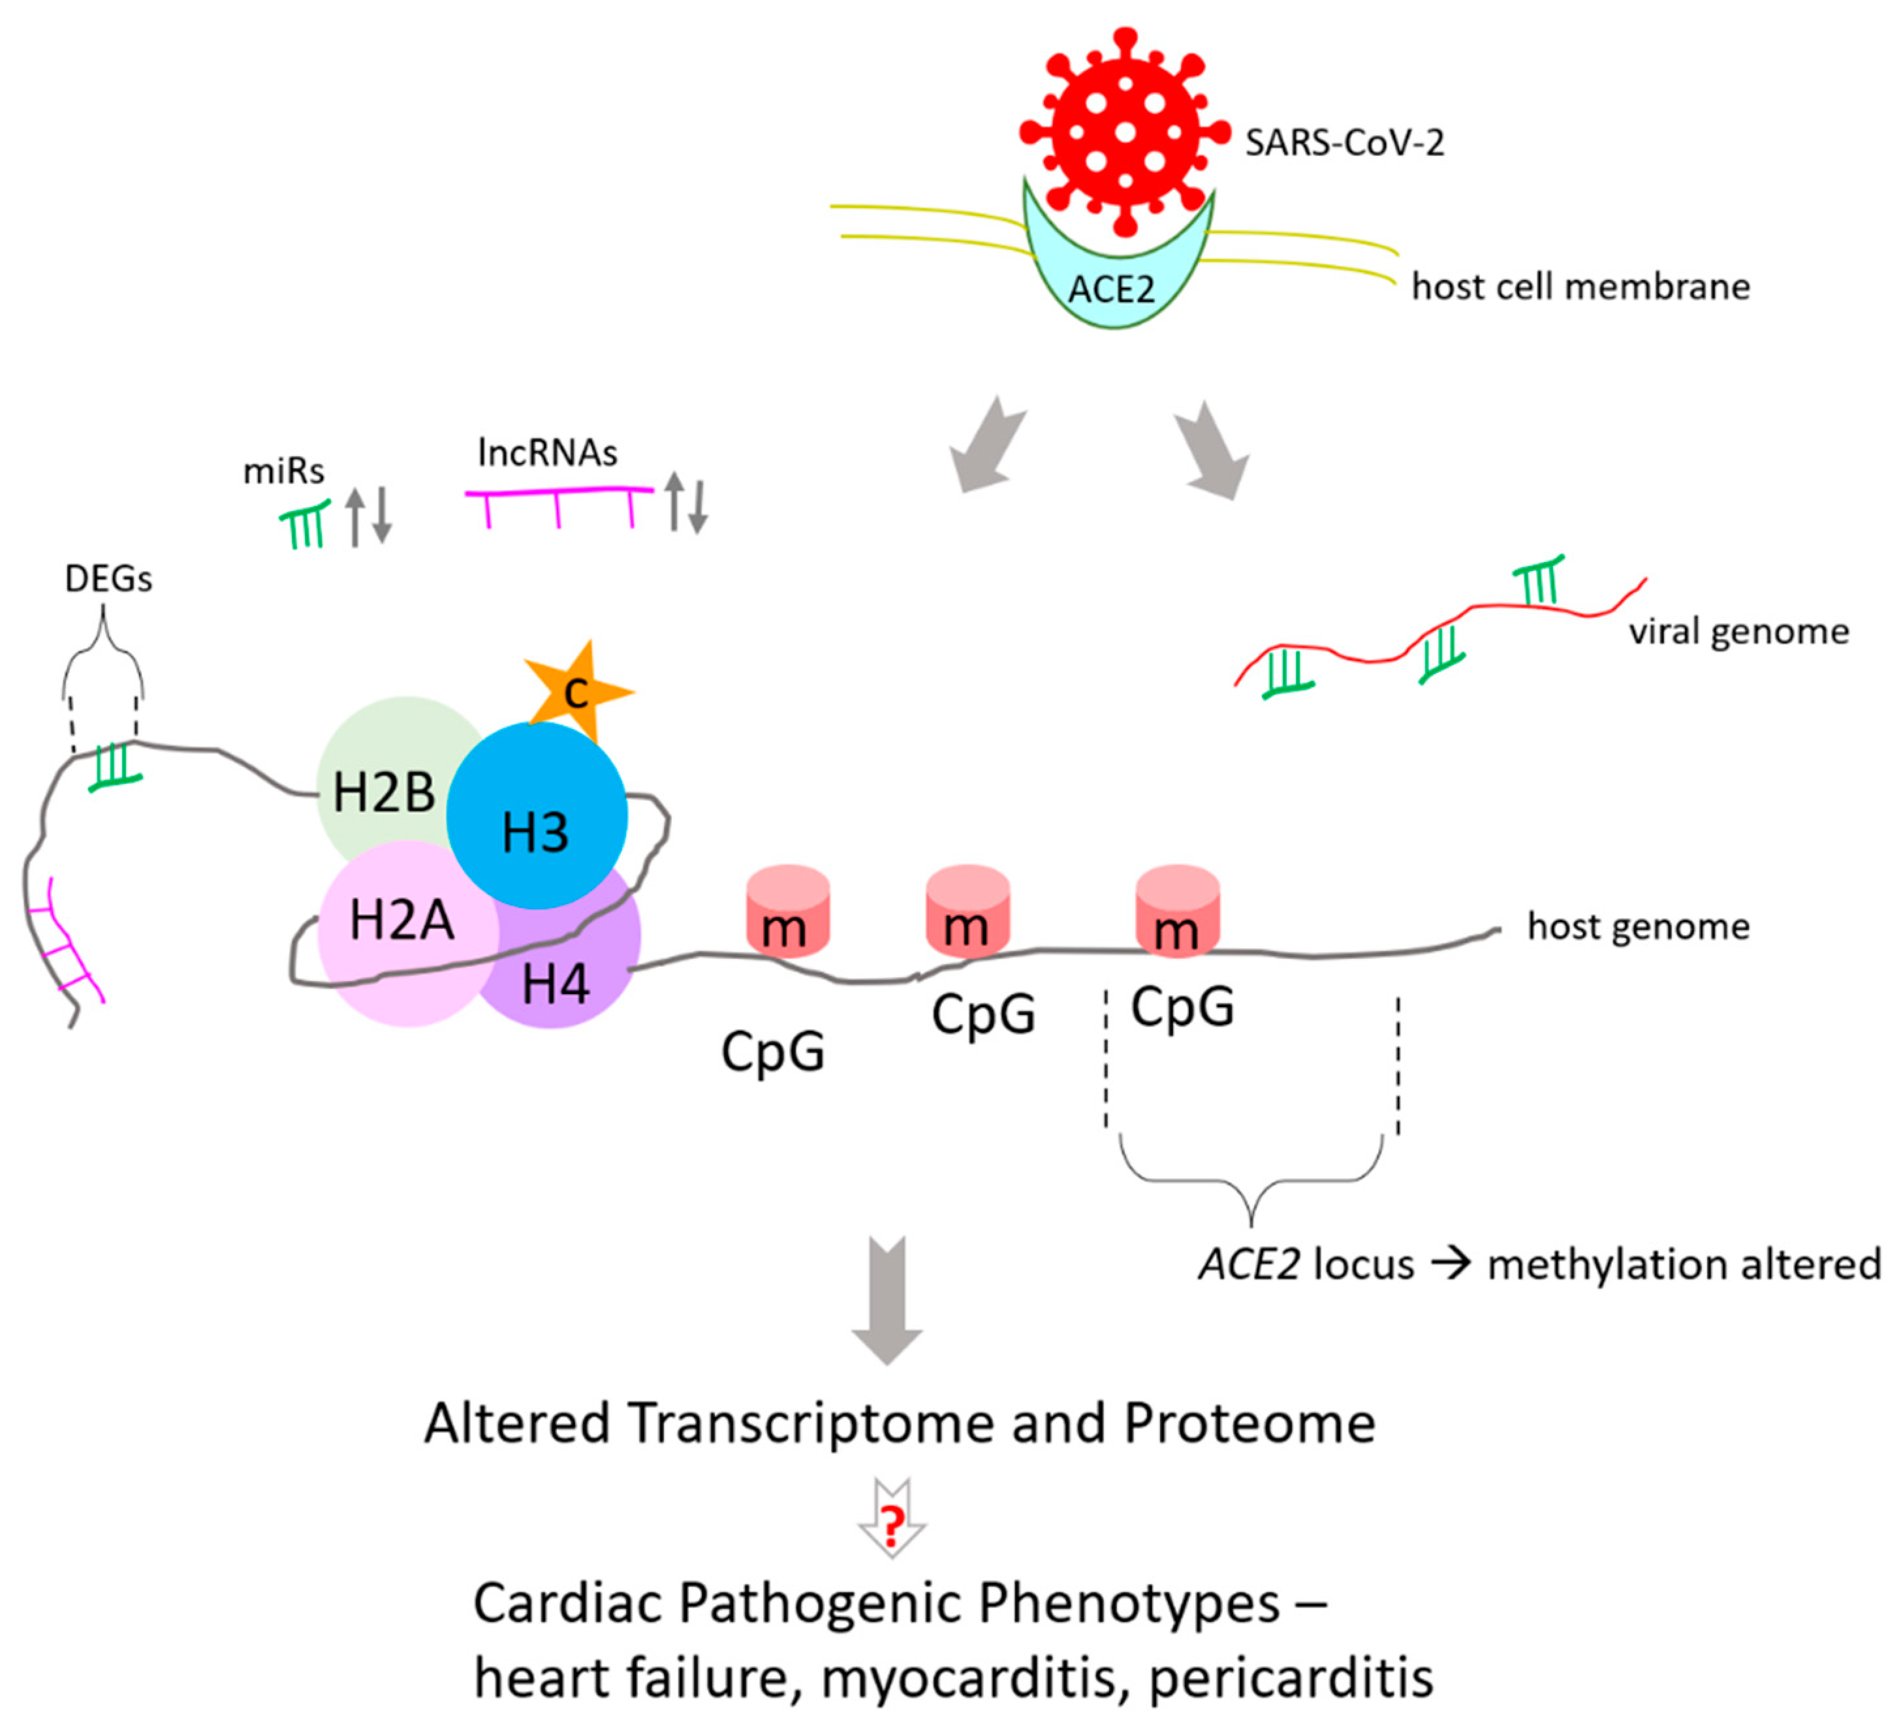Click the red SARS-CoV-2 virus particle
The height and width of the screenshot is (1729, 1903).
[x=1124, y=132]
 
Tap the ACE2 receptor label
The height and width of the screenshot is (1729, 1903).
[x=1111, y=288]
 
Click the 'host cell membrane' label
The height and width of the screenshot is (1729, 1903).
[x=1580, y=286]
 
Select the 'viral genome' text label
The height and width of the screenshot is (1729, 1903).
[x=1738, y=631]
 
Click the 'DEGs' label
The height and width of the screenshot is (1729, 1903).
[x=108, y=578]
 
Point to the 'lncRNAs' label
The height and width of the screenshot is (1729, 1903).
[x=548, y=453]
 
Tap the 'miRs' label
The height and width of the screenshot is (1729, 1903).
[x=283, y=470]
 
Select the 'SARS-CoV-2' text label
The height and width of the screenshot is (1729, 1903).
[x=1344, y=142]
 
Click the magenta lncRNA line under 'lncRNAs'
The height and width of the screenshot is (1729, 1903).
[x=559, y=491]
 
